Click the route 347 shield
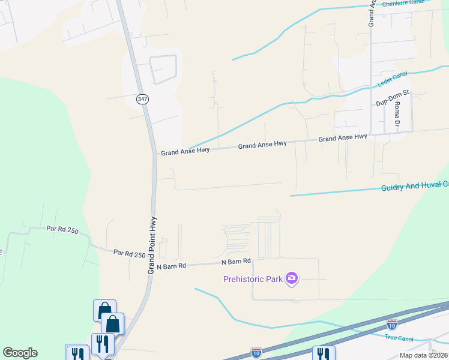(142, 99)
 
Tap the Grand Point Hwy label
(152, 245)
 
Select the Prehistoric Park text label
(254, 278)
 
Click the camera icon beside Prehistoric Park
(292, 277)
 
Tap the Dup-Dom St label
(392, 98)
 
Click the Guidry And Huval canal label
(414, 187)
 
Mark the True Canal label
(399, 338)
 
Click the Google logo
(20, 353)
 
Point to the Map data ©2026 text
(423, 355)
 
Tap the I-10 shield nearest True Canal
(391, 325)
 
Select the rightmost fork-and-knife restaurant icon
(324, 354)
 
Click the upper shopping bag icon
(104, 310)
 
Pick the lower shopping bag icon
(112, 323)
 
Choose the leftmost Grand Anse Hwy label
(185, 151)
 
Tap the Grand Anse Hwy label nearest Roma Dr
(343, 138)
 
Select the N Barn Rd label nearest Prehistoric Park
(235, 262)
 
